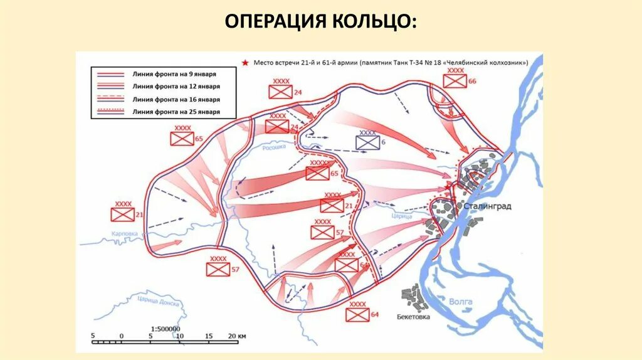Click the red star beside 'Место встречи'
pos(246,62)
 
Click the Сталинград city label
pos(488,206)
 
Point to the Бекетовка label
pos(413,317)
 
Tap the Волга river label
pos(461,302)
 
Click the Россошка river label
pos(273,147)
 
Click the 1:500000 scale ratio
pos(166,328)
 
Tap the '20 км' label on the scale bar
pos(237,336)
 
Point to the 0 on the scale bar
pos(122,336)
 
